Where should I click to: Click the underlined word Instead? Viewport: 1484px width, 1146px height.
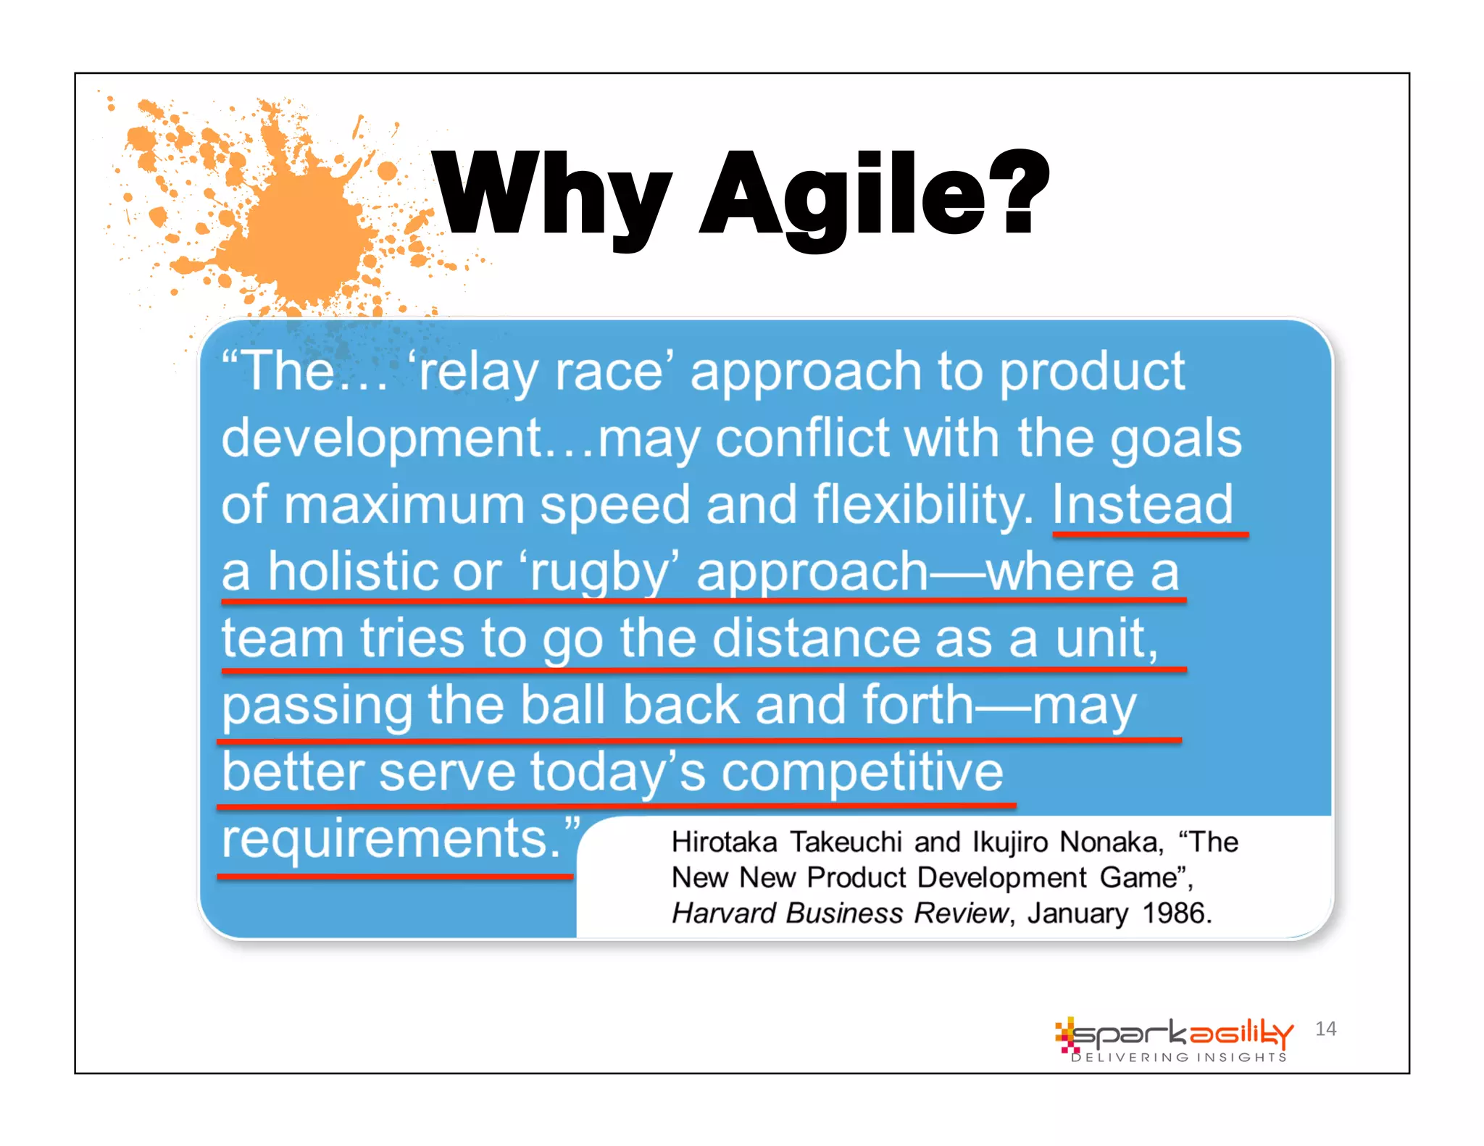pos(1143,505)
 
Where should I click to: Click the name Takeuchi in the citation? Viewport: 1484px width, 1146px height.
pos(846,842)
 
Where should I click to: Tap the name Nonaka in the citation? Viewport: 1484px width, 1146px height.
pos(1110,842)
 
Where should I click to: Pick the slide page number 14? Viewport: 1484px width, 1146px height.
pos(1325,1029)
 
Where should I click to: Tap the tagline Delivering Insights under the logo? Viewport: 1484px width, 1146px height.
pos(1179,1058)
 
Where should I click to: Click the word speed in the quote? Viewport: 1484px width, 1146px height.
pos(614,505)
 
